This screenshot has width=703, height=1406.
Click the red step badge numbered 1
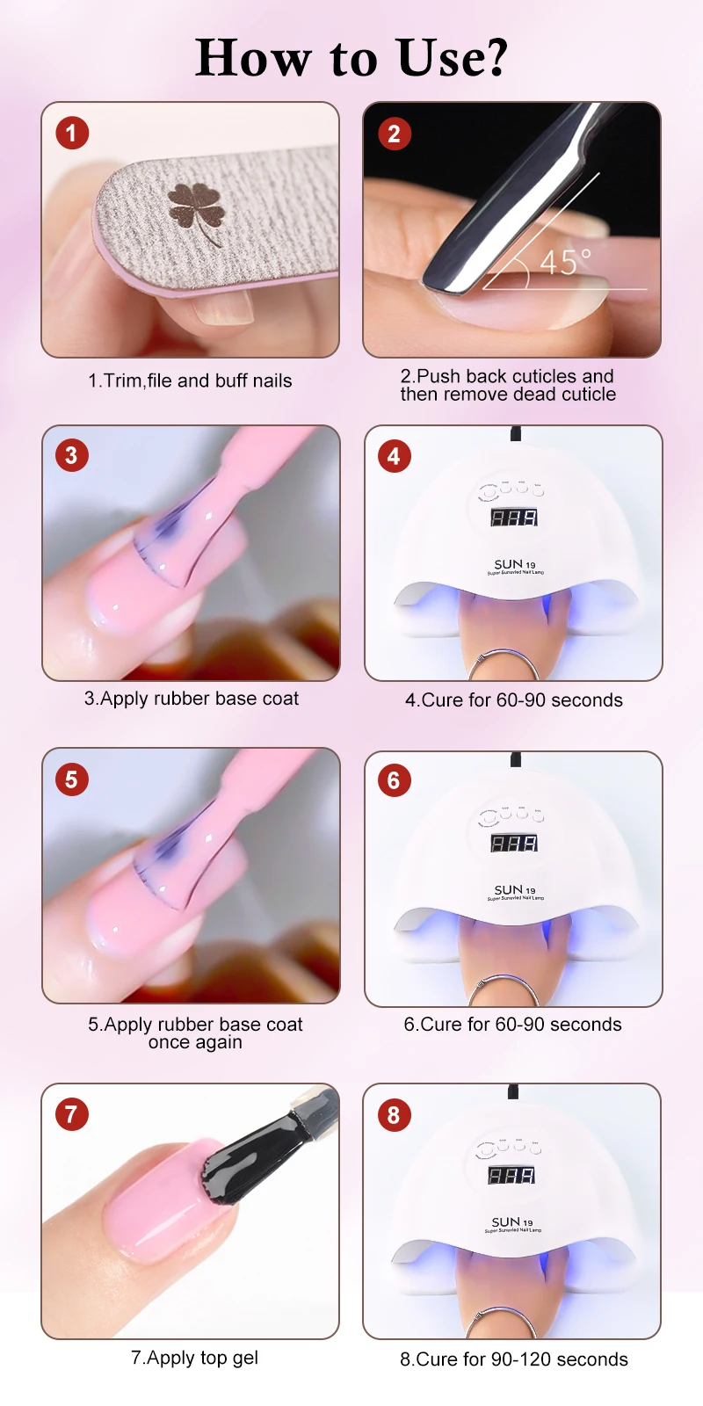pyautogui.click(x=71, y=133)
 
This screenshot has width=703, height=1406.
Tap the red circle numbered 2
pyautogui.click(x=395, y=134)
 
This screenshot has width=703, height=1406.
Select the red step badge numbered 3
pyautogui.click(x=71, y=456)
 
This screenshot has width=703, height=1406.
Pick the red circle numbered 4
pyautogui.click(x=395, y=456)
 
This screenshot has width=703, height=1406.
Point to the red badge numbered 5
pyautogui.click(x=71, y=779)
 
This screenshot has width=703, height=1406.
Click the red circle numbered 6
pyautogui.click(x=395, y=781)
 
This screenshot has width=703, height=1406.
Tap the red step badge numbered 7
pyautogui.click(x=71, y=1114)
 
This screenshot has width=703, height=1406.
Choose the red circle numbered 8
pyautogui.click(x=395, y=1115)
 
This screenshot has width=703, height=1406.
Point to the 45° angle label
pyautogui.click(x=566, y=263)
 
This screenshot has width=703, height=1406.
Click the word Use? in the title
pyautogui.click(x=452, y=58)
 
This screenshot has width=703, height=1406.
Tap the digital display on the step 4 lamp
pyautogui.click(x=514, y=518)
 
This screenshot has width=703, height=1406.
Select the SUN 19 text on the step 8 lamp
pyautogui.click(x=512, y=1222)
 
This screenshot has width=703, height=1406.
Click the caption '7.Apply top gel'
pyautogui.click(x=194, y=1358)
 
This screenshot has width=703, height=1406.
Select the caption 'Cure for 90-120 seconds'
pyautogui.click(x=522, y=1359)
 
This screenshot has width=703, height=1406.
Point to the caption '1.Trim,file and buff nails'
pyautogui.click(x=190, y=380)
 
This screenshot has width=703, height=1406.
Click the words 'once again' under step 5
pyautogui.click(x=194, y=1042)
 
